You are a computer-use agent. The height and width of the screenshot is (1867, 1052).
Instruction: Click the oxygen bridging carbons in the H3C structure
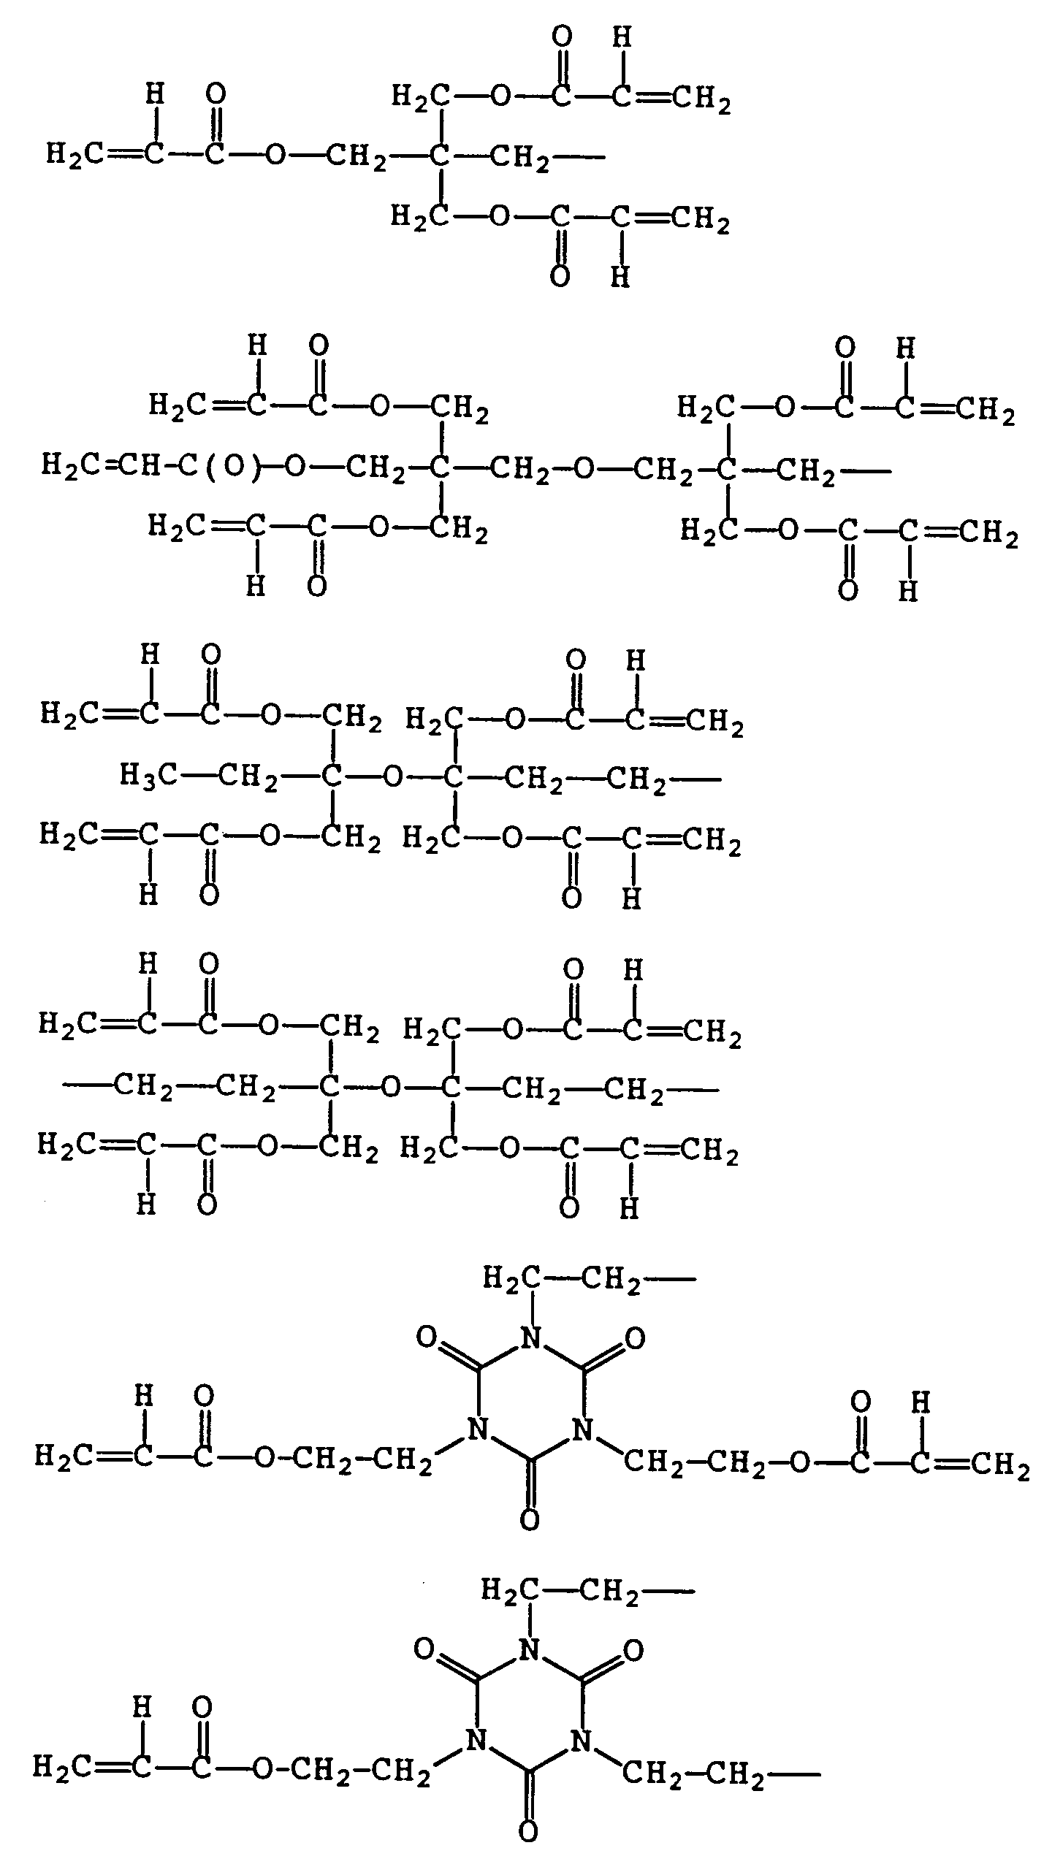[x=393, y=776]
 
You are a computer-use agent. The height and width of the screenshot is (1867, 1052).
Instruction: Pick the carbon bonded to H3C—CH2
[x=332, y=776]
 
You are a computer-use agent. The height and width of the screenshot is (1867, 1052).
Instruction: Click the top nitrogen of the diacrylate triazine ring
[x=532, y=1338]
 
